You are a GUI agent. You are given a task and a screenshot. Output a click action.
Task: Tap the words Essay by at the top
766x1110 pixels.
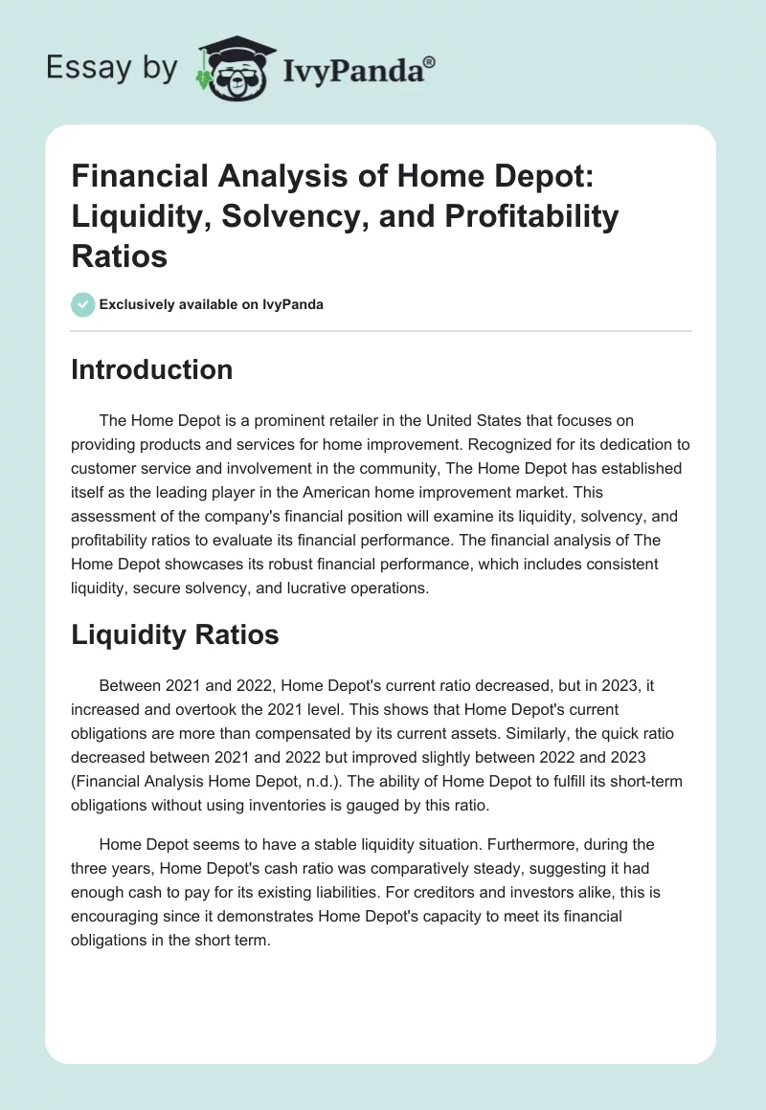[112, 67]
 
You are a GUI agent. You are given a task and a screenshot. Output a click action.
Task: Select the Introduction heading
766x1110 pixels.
[151, 370]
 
